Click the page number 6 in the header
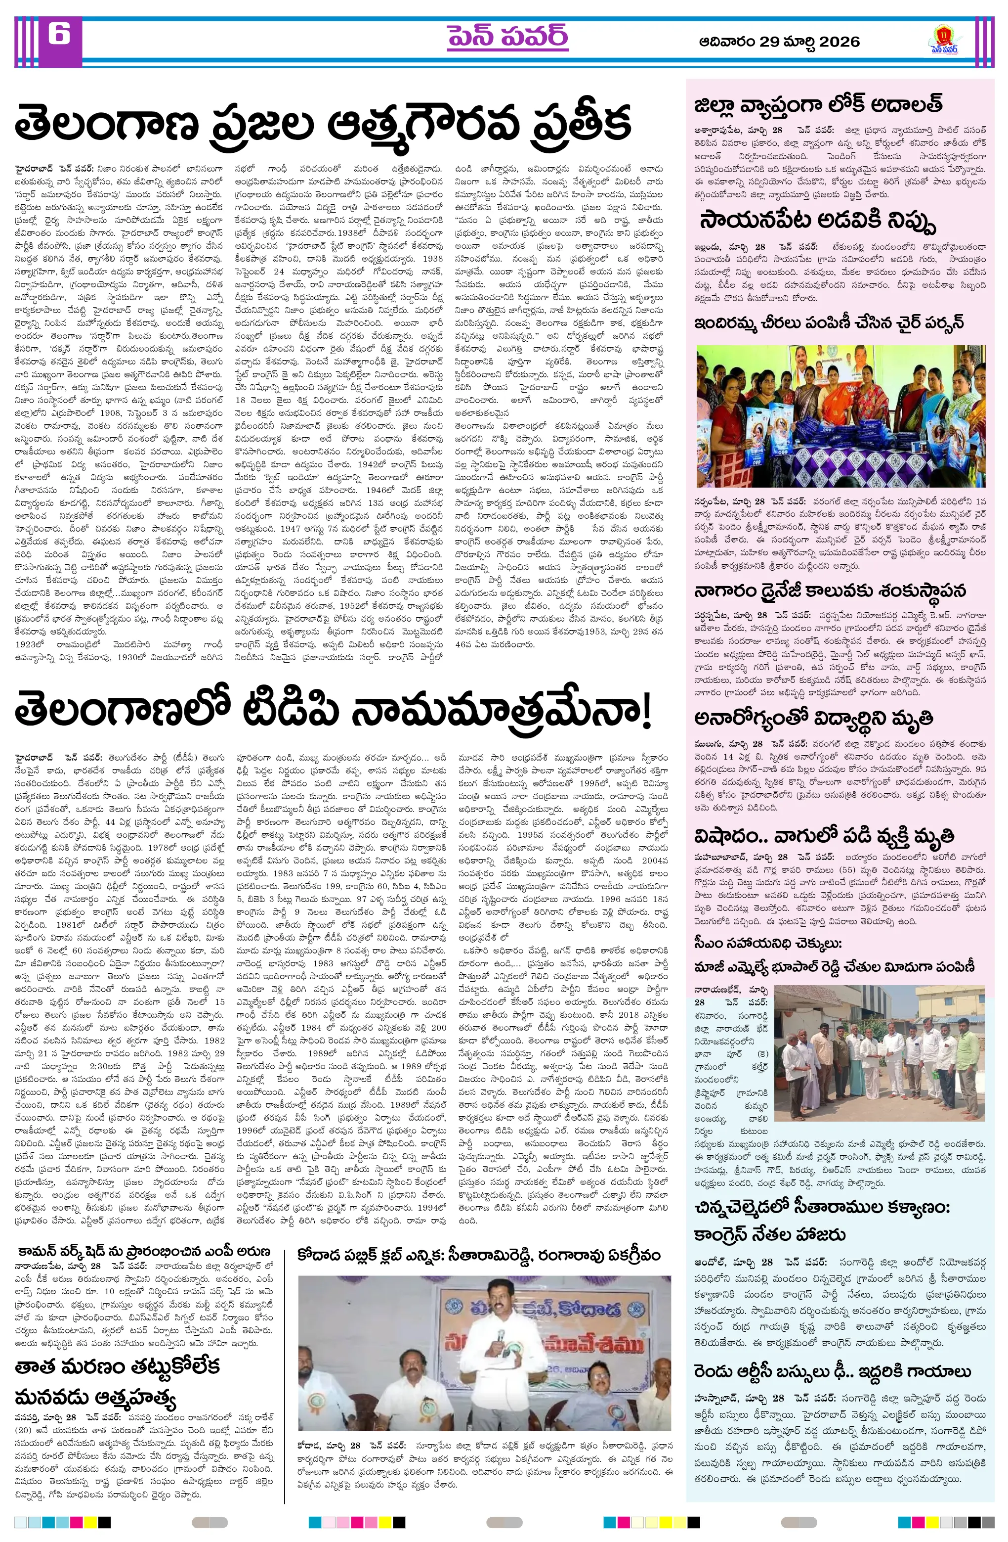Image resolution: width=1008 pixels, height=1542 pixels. (58, 34)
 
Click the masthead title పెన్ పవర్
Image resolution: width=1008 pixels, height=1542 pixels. (507, 37)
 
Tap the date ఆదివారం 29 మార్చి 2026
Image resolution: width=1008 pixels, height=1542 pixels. (779, 42)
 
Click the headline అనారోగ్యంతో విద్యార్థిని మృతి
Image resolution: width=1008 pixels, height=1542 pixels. (813, 719)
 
